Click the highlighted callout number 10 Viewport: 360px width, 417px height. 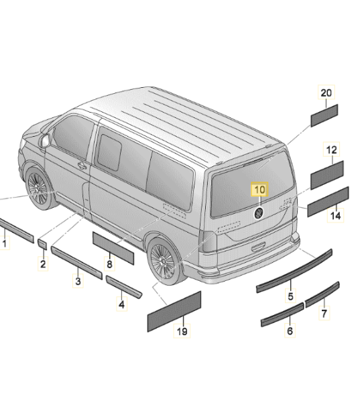[259, 189]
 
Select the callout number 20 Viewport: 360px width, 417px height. [326, 93]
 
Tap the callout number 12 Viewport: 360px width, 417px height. [331, 150]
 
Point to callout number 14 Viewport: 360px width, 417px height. [335, 215]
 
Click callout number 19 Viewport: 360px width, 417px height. [182, 331]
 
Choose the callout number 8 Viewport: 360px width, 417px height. [109, 264]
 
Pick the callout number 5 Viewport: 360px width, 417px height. [290, 296]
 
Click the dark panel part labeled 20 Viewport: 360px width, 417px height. [324, 115]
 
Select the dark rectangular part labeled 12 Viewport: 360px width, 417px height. [327, 175]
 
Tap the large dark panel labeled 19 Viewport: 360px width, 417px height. [174, 312]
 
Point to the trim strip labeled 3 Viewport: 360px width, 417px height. [76, 263]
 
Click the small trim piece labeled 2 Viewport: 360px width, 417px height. [42, 244]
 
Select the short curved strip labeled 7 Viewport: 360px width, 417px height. [322, 295]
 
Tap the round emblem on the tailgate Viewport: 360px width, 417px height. [259, 213]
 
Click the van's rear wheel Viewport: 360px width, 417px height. [162, 260]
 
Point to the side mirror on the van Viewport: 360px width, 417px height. [45, 141]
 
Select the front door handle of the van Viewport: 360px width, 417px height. [82, 166]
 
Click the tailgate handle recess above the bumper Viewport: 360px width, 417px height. [258, 247]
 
